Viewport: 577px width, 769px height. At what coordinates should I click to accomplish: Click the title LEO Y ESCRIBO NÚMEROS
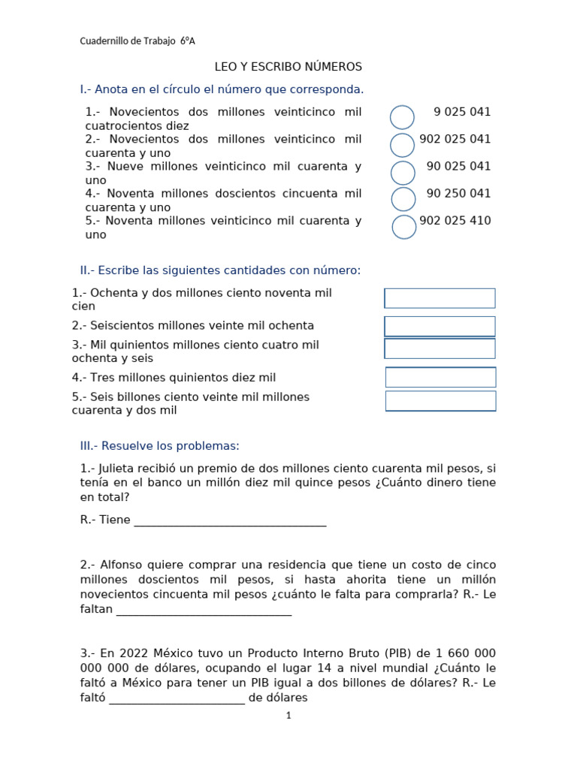point(288,67)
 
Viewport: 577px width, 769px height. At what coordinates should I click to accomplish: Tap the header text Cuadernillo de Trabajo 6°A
point(137,41)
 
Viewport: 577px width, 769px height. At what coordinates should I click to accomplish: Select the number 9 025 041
point(462,112)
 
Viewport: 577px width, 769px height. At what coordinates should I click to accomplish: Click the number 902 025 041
point(455,139)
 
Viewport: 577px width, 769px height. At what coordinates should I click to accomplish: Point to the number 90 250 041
point(458,193)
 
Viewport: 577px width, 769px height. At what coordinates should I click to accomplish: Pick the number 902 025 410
point(455,221)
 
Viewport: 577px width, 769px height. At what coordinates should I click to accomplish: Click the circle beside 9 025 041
point(403,117)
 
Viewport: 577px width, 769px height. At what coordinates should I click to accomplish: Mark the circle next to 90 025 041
point(403,172)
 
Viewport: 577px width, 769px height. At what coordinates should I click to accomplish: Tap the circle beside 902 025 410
point(404,227)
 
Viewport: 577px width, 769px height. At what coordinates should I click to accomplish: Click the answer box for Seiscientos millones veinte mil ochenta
point(440,326)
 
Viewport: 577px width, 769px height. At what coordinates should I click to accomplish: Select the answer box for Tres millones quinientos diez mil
point(440,377)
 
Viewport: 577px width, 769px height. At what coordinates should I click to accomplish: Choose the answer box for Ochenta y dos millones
point(440,298)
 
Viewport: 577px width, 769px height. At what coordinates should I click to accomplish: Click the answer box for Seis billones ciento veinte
point(440,401)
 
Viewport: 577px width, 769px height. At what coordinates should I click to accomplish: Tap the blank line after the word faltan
point(204,611)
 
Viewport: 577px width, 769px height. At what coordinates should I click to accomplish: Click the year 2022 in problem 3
point(129,653)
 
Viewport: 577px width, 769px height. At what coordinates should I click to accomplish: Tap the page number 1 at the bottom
point(288,716)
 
